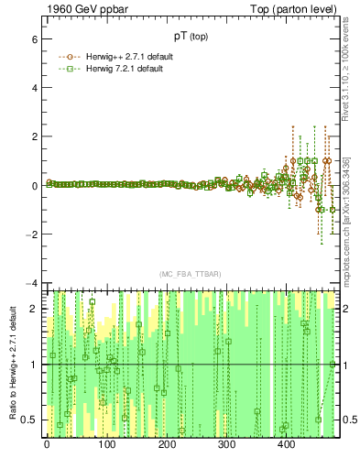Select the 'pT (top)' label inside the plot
[x=191, y=38]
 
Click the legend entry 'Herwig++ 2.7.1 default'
[x=131, y=56]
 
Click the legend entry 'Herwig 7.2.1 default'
[x=127, y=68]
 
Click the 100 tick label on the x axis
[x=107, y=446]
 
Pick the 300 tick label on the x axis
[x=227, y=446]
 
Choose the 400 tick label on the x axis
[x=287, y=446]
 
